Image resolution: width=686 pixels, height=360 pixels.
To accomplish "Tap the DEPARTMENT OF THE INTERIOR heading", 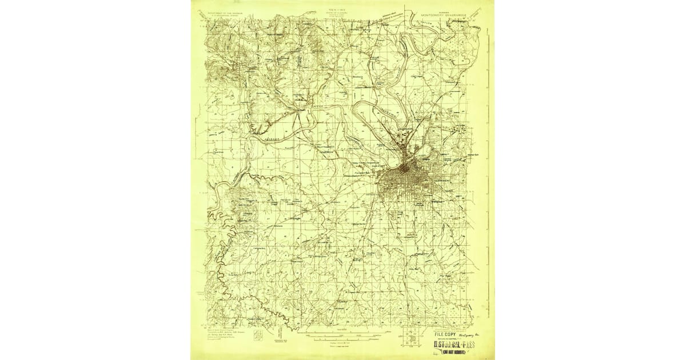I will [x=224, y=12].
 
